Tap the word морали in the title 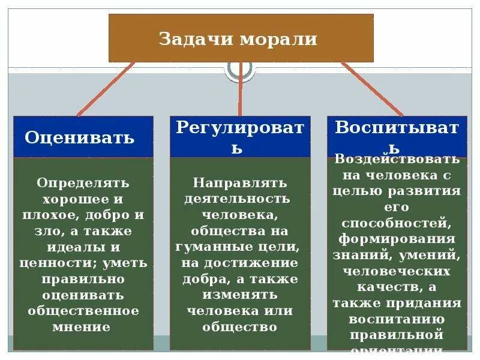(x=278, y=40)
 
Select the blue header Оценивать (x=80, y=137)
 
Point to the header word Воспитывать (x=397, y=128)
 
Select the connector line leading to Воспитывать (x=372, y=89)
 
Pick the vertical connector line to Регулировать (x=240, y=90)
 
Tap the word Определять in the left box (x=83, y=182)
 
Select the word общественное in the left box (x=83, y=311)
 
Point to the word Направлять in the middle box (x=240, y=182)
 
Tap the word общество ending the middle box (x=239, y=327)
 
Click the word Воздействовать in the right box (x=397, y=160)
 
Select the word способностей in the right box (x=397, y=223)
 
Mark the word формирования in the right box (x=397, y=239)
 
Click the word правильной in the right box (x=397, y=334)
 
